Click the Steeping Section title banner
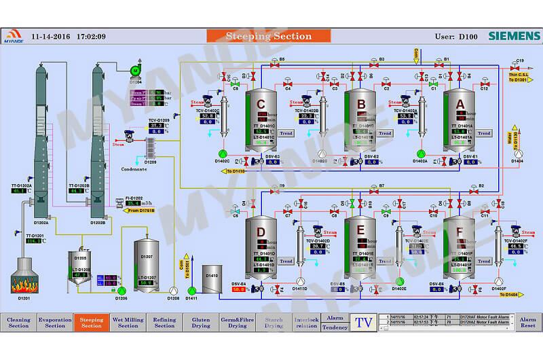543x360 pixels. click(268, 36)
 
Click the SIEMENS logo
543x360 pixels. click(514, 36)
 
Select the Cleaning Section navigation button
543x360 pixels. click(18, 323)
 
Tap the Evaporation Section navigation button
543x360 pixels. click(55, 323)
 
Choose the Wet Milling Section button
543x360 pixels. click(128, 323)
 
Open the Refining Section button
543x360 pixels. click(164, 323)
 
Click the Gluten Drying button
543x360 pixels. click(201, 323)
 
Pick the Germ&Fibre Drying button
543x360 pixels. click(238, 323)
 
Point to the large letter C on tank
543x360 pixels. click(261, 104)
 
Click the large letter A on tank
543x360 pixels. click(460, 104)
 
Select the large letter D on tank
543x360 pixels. click(261, 232)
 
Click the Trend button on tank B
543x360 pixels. click(385, 133)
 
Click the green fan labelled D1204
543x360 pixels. click(136, 70)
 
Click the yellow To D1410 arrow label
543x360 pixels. click(233, 171)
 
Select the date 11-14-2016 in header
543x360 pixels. click(50, 36)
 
